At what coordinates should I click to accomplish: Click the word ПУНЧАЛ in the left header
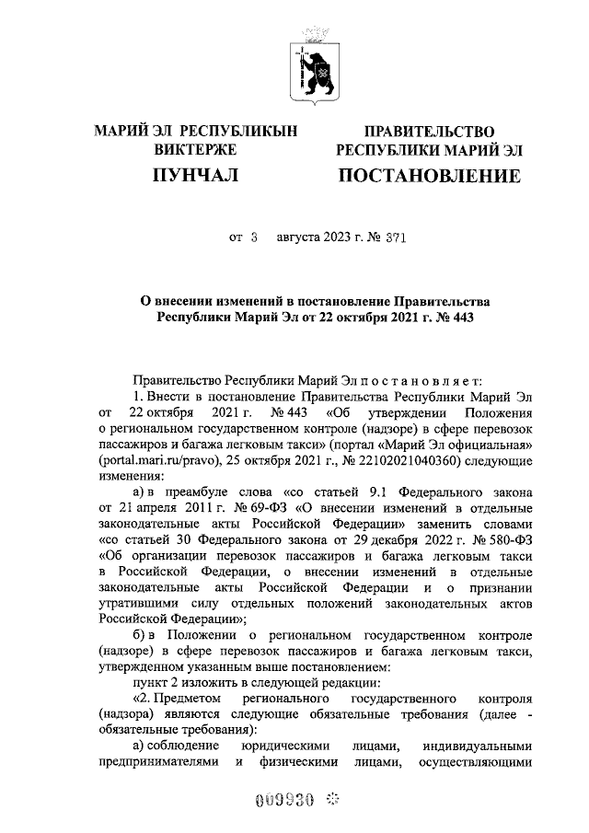196,175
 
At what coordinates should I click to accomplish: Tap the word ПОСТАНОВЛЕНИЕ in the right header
429,175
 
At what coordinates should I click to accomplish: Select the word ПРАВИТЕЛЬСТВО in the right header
429,133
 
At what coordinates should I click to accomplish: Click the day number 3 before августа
254,237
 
